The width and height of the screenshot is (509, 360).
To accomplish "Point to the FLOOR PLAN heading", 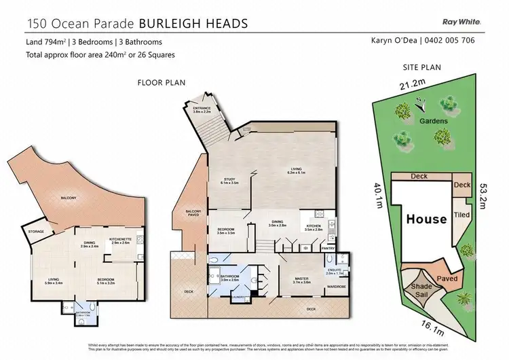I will [x=157, y=84].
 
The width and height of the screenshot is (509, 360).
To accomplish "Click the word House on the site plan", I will [x=426, y=219].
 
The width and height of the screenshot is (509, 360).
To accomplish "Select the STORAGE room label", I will [x=35, y=232].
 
